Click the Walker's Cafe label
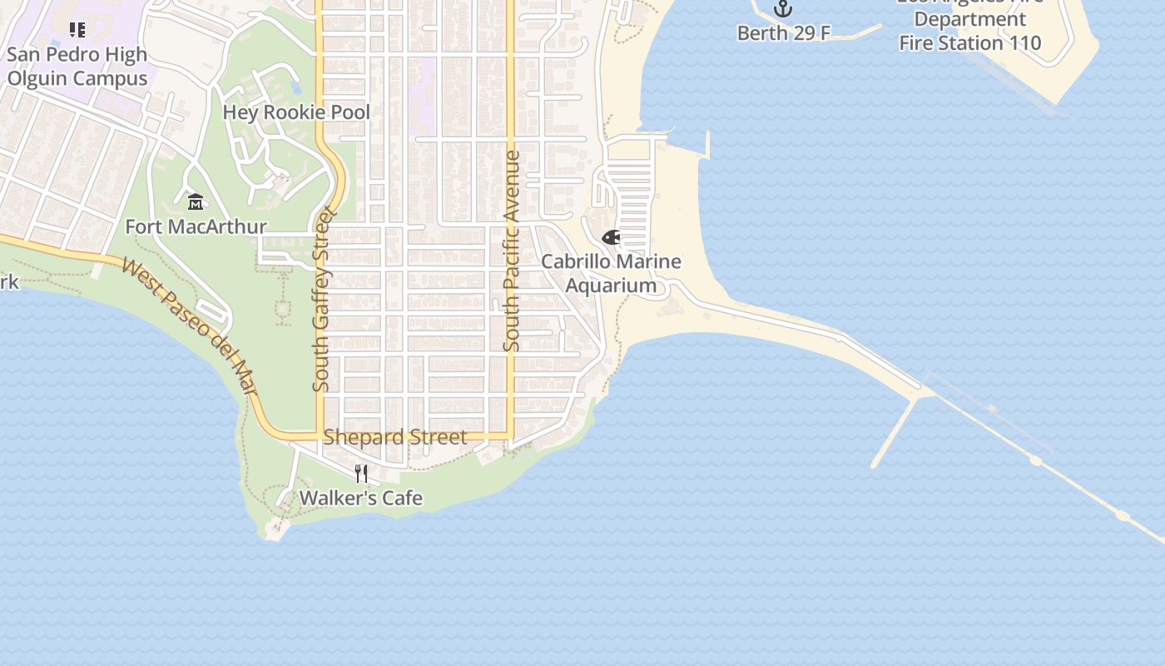(x=360, y=499)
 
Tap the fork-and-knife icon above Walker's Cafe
(x=361, y=474)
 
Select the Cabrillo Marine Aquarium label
(x=611, y=274)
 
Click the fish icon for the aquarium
(x=611, y=237)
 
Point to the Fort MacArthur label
(x=196, y=226)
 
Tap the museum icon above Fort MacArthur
(x=196, y=201)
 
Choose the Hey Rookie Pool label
(x=296, y=112)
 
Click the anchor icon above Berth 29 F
(x=783, y=8)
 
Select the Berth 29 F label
(x=784, y=33)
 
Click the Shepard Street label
(x=395, y=437)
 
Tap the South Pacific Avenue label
(x=512, y=250)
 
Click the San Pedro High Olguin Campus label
(x=77, y=67)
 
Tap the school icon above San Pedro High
(x=77, y=30)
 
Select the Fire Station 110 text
(x=970, y=42)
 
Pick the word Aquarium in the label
(x=611, y=286)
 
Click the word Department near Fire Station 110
(x=970, y=19)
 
